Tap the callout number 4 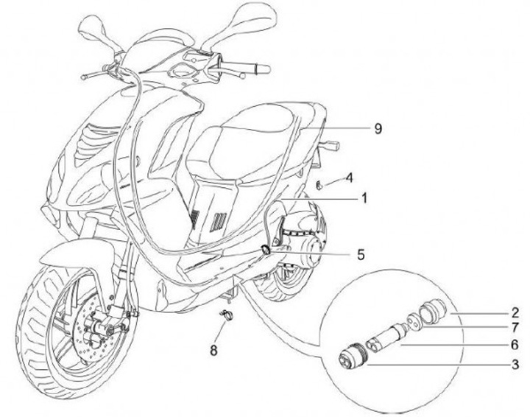point(350,178)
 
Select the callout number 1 point(363,198)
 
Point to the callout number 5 point(361,255)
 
